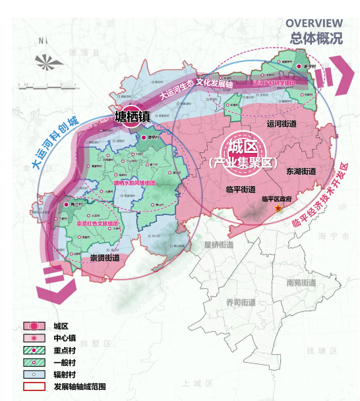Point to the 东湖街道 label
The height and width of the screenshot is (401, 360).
click(x=301, y=171)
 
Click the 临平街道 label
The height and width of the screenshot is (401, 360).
click(x=239, y=189)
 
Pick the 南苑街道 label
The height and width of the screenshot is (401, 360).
click(x=302, y=282)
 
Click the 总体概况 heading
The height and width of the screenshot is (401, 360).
click(x=316, y=38)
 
